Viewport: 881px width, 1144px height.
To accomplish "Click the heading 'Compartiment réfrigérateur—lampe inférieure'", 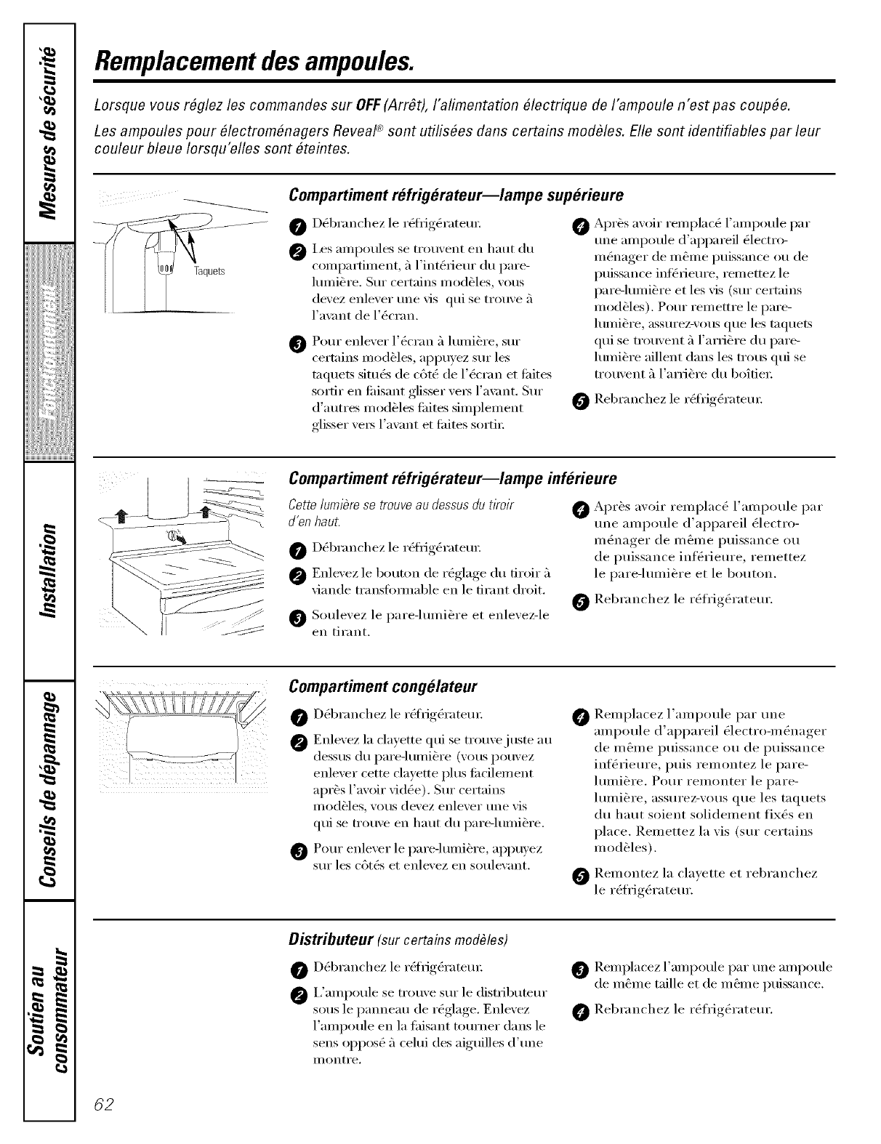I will tap(453, 479).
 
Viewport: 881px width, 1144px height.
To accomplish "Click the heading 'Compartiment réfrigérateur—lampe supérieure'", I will tap(456, 196).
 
